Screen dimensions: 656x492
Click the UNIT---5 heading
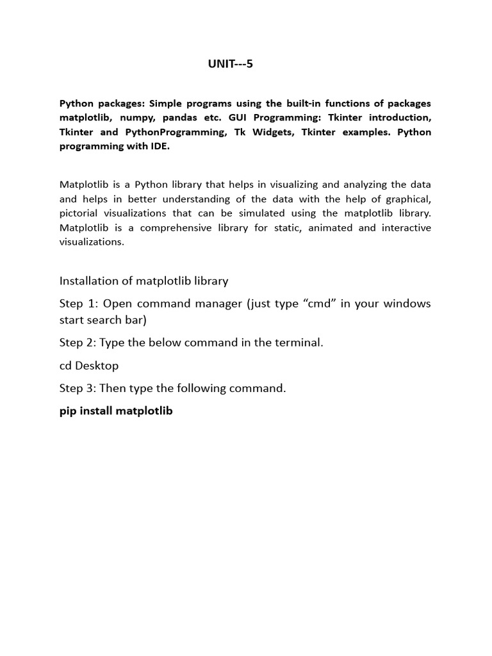[x=230, y=64]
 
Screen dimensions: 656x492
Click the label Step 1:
[x=79, y=303]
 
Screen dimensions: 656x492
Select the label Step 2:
[x=79, y=343]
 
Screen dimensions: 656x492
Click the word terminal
[x=301, y=343]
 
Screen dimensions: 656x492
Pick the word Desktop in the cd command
[x=97, y=366]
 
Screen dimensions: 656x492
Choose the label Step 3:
[x=79, y=388]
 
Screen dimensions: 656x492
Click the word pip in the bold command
[x=68, y=411]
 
